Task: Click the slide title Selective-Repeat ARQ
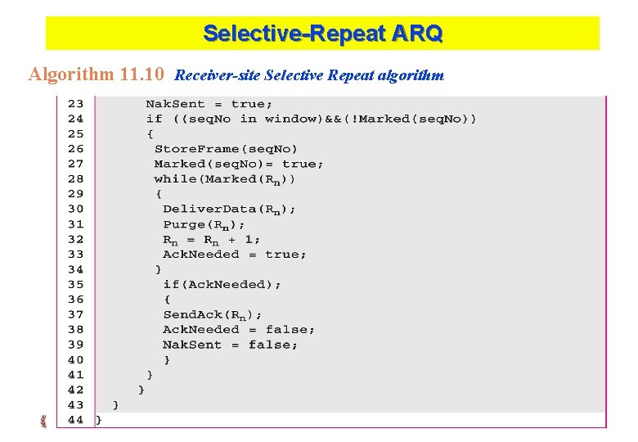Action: pyautogui.click(x=322, y=34)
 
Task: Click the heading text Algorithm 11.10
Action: pyautogui.click(x=97, y=74)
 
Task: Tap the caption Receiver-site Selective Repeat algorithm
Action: pyautogui.click(x=309, y=75)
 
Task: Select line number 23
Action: pyautogui.click(x=74, y=104)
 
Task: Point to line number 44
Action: pyautogui.click(x=74, y=419)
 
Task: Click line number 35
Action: pyautogui.click(x=74, y=284)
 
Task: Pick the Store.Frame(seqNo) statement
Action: pyautogui.click(x=226, y=149)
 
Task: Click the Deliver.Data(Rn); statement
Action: pyautogui.click(x=229, y=209)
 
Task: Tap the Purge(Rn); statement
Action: pyautogui.click(x=204, y=224)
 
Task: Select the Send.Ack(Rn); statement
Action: pyautogui.click(x=212, y=314)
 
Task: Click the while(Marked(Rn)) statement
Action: pyautogui.click(x=225, y=178)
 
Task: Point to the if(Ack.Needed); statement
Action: pyautogui.click(x=222, y=284)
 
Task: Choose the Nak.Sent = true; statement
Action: pyautogui.click(x=209, y=104)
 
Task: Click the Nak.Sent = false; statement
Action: pyautogui.click(x=230, y=345)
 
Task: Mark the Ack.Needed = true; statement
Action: pyautogui.click(x=235, y=254)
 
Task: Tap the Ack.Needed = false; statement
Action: pyautogui.click(x=238, y=329)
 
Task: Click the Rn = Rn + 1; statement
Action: pyautogui.click(x=211, y=239)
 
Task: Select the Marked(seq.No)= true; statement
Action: pyautogui.click(x=238, y=164)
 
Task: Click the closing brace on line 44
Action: pyautogui.click(x=99, y=419)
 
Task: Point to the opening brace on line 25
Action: pyautogui.click(x=150, y=134)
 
